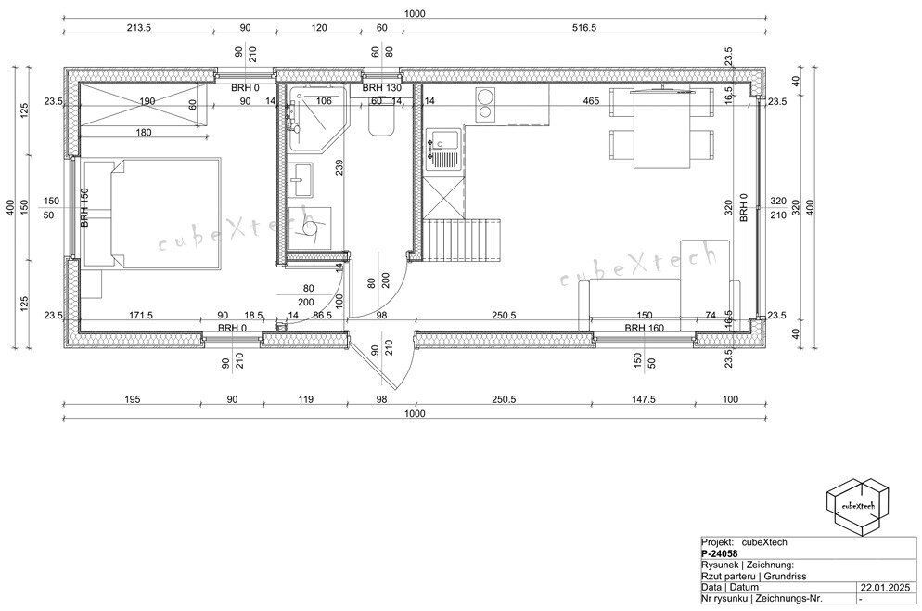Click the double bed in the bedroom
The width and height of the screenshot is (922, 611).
point(152,213)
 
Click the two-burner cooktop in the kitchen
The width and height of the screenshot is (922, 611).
point(486,104)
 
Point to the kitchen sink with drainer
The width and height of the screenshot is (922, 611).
point(442,149)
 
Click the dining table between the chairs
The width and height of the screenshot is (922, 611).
point(661,128)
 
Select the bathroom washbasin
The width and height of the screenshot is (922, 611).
point(301,180)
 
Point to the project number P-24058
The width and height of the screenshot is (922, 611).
point(719,553)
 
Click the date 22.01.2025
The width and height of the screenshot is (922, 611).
point(885,588)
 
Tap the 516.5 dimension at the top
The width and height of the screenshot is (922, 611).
point(583,27)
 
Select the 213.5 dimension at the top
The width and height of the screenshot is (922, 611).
point(139,27)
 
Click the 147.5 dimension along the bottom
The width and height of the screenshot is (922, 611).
point(644,399)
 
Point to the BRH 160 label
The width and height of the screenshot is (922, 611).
point(645,328)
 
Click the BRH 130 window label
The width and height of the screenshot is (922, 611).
point(381,88)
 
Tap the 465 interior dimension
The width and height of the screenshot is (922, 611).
point(591,101)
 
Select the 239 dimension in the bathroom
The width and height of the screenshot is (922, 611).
point(339,168)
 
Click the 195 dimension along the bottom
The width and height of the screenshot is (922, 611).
point(133,399)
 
